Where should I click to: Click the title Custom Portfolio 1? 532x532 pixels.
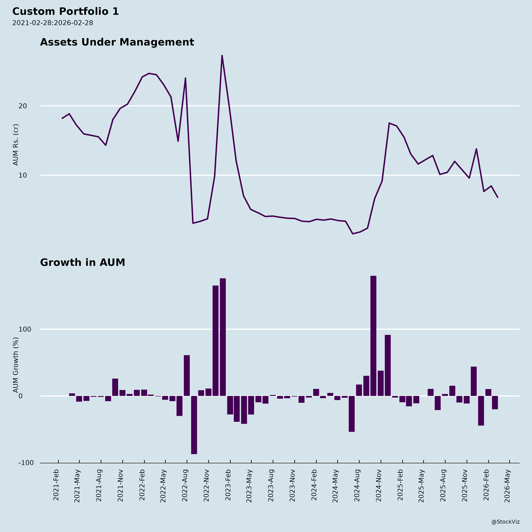tap(65, 12)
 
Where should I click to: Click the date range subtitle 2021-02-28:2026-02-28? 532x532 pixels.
tap(53, 23)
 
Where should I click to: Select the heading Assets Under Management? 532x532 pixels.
tap(117, 42)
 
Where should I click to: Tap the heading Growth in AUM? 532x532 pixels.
tap(83, 262)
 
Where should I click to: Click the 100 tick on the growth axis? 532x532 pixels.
tap(25, 329)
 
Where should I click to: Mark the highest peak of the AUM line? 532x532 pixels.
tap(222, 56)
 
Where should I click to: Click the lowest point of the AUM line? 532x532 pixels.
tap(353, 234)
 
